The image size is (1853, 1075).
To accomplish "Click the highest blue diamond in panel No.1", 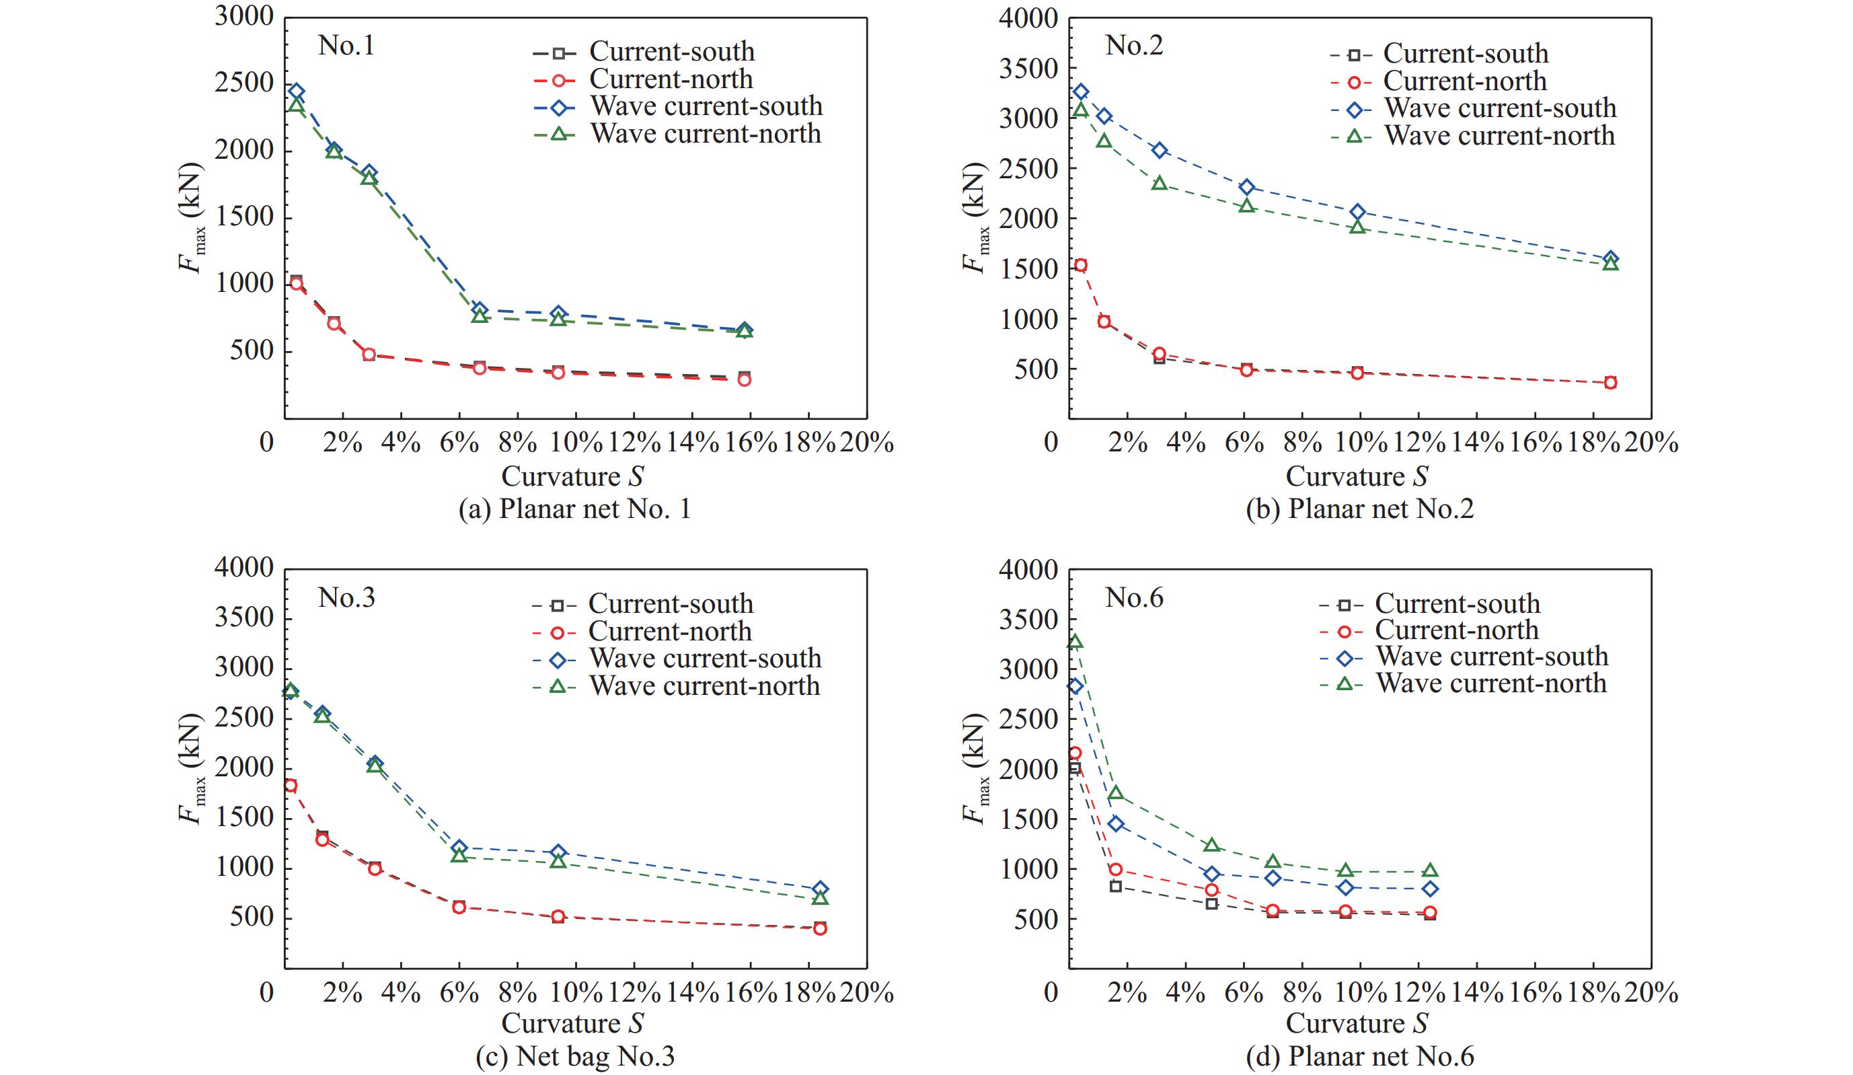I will point(297,91).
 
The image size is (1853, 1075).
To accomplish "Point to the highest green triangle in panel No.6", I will point(1075,641).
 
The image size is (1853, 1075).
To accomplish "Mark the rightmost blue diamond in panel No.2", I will point(1610,259).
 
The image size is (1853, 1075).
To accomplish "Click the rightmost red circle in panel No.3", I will point(820,928).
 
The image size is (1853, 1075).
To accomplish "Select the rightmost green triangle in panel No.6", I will point(1430,870).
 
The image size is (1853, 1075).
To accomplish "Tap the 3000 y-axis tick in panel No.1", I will point(244,17).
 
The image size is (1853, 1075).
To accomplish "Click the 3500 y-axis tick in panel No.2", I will point(1028,69).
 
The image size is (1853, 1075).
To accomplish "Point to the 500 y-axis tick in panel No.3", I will point(252,918).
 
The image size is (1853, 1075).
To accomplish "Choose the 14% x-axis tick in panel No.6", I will point(1476,993).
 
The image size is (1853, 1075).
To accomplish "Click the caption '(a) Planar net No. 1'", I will point(574,509).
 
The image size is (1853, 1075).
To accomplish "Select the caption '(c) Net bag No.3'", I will point(574,1057).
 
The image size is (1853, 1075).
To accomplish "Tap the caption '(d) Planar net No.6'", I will point(1359,1057).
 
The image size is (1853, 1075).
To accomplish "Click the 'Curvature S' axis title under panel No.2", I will point(1357,476).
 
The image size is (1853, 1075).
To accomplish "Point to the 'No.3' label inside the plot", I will point(346,598).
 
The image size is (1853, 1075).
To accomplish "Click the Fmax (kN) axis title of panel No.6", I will point(975,768).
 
